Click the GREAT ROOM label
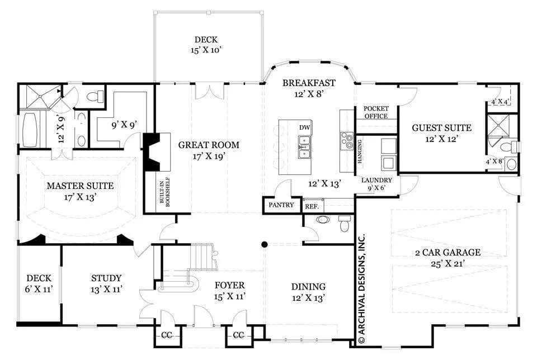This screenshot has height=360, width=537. (x=209, y=145)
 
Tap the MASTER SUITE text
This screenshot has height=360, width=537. (x=80, y=186)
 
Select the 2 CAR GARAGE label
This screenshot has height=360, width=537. (x=447, y=253)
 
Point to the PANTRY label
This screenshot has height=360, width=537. (x=281, y=205)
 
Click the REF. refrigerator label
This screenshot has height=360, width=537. (x=312, y=207)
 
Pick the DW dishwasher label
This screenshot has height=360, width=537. (x=304, y=127)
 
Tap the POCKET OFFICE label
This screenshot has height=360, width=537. (x=376, y=112)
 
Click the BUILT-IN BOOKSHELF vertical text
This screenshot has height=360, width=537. (x=165, y=192)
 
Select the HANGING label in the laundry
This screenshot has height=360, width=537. (x=360, y=151)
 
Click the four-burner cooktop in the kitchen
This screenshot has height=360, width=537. (x=347, y=140)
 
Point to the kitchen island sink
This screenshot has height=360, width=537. (x=304, y=147)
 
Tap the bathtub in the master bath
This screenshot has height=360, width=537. (x=30, y=130)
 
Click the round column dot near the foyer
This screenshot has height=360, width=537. (x=264, y=244)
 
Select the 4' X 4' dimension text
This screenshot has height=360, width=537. (x=500, y=102)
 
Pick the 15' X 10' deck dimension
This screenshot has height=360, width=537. (x=206, y=50)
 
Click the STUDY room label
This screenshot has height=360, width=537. (x=106, y=278)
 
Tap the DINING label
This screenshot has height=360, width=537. (x=308, y=286)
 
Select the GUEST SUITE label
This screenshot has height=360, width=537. (x=441, y=128)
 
